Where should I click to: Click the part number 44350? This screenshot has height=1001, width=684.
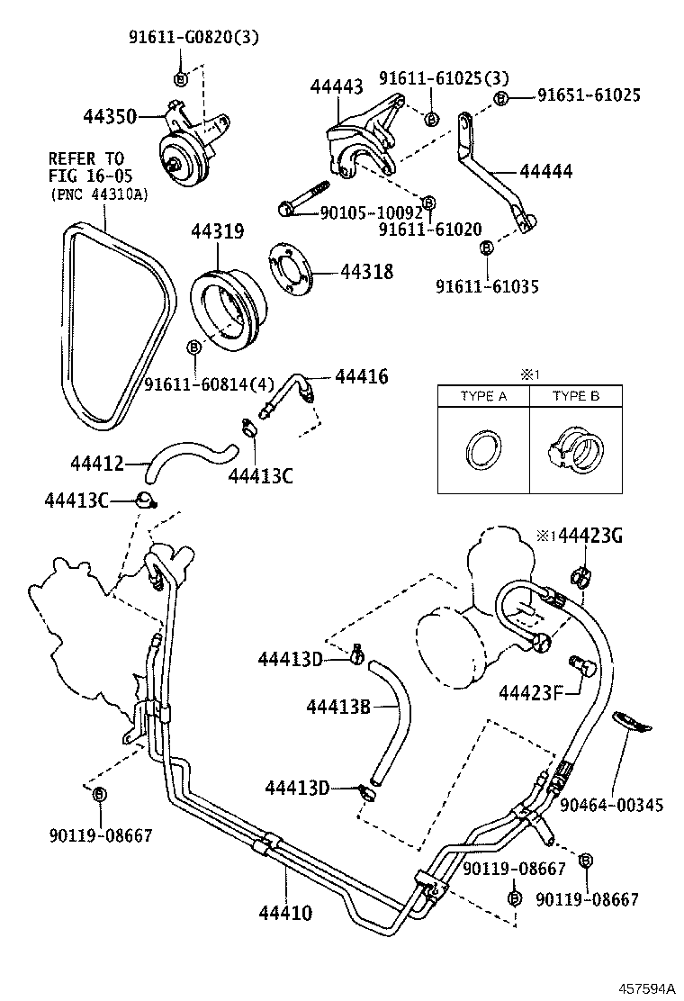click(x=109, y=116)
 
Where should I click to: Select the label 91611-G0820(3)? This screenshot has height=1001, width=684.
click(x=180, y=37)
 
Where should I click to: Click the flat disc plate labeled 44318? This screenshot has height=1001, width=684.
click(x=290, y=270)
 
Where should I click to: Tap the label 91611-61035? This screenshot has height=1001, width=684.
click(x=487, y=286)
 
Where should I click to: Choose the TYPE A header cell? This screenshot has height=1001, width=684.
click(x=483, y=396)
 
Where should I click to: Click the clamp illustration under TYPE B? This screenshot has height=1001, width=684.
click(x=572, y=447)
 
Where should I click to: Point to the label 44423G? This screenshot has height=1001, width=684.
click(x=590, y=537)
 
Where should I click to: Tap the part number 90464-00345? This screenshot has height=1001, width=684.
click(x=611, y=804)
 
